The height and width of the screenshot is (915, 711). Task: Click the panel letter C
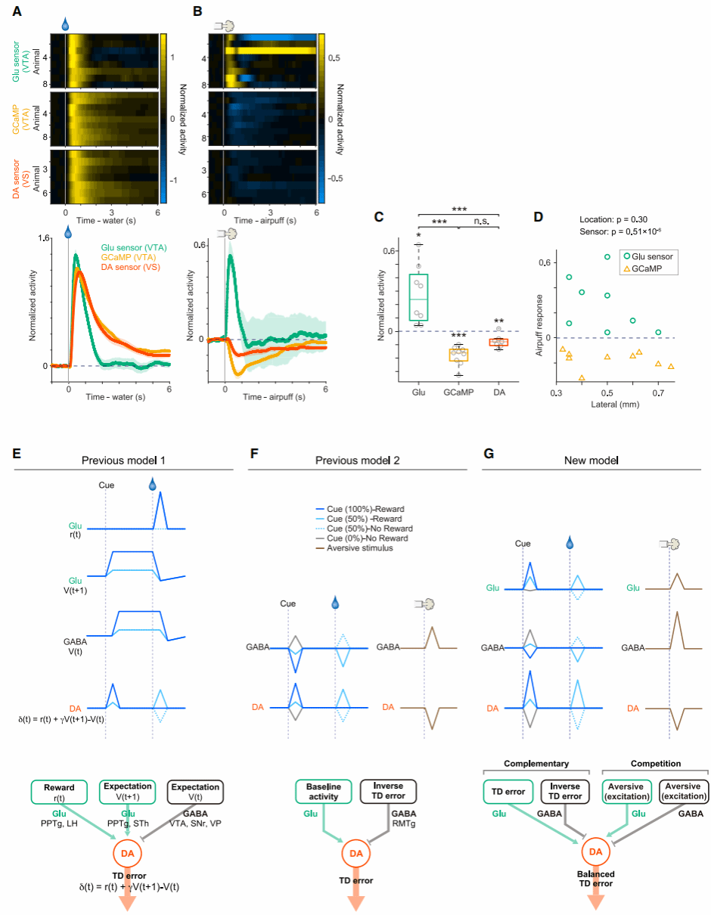(x=379, y=216)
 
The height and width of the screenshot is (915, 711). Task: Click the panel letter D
(x=538, y=216)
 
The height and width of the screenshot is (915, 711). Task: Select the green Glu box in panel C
(x=419, y=297)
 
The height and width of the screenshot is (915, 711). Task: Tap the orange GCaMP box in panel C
(x=459, y=355)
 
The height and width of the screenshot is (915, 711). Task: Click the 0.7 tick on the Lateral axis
(x=658, y=394)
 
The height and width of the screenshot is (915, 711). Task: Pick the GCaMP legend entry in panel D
(x=647, y=268)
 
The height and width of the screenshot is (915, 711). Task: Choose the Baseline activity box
(x=324, y=792)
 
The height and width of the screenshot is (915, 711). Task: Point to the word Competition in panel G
(x=655, y=765)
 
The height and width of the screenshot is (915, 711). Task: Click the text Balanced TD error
(x=596, y=879)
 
